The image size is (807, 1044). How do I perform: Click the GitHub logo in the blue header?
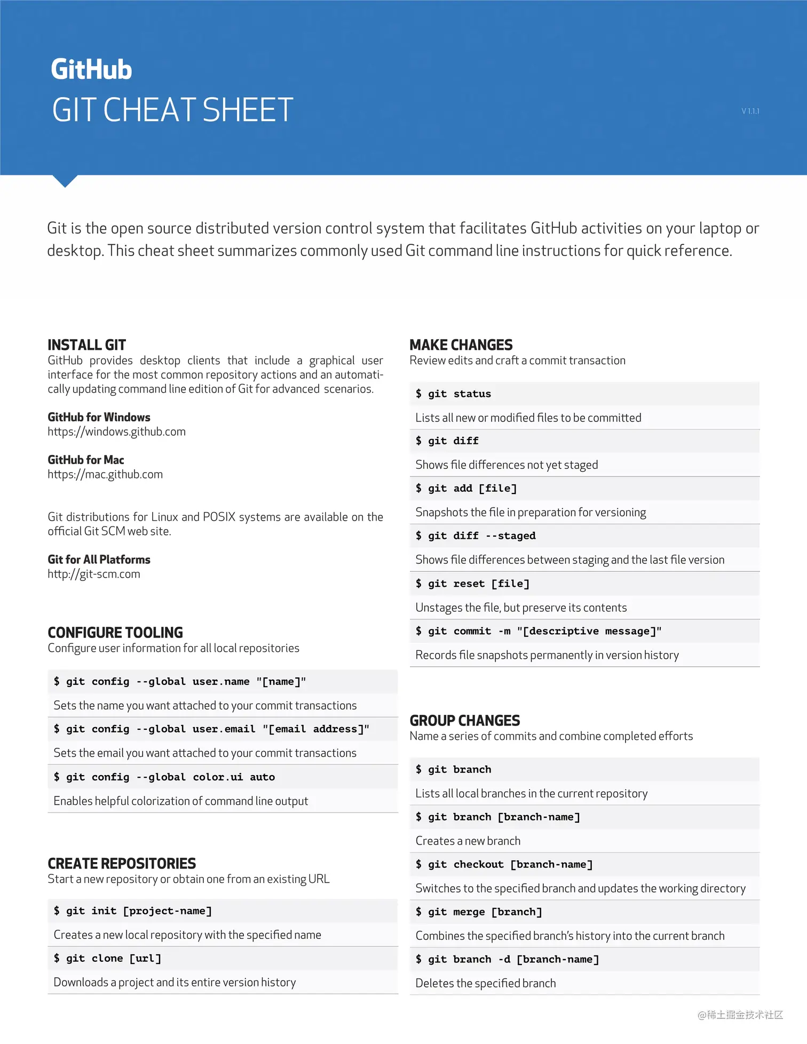91,69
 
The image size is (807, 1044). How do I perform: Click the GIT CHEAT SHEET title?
172,110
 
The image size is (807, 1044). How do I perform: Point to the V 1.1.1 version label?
750,111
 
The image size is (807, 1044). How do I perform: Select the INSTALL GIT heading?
86,345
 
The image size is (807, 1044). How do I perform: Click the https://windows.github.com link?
116,432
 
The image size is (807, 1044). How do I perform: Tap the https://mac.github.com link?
105,474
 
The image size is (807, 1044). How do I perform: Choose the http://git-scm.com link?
94,574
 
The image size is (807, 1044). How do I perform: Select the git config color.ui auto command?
164,777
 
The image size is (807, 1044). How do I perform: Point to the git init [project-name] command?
133,911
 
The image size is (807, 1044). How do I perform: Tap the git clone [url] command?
107,958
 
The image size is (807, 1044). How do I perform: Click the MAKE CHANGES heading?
461,345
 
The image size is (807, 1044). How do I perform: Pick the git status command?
453,394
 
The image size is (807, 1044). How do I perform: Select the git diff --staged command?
476,536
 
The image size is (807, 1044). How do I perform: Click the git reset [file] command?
472,584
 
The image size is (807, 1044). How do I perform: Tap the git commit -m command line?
539,631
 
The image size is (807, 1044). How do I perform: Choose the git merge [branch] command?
479,912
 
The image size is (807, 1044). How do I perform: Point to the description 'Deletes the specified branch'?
486,983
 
